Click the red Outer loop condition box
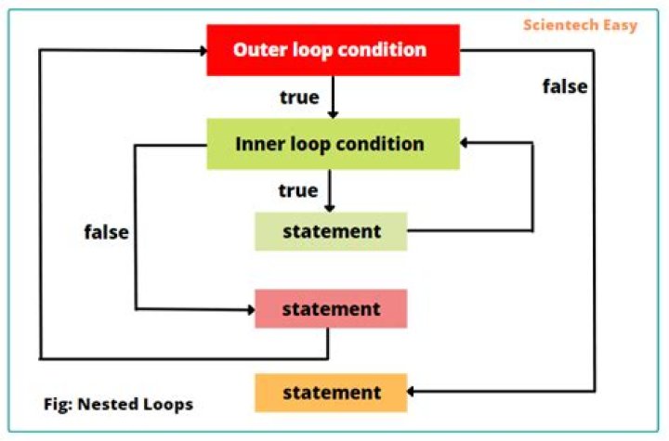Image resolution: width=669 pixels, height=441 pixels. point(332,49)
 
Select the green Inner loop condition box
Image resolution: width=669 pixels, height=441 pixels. point(333,144)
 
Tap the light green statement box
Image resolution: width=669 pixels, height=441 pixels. point(331,230)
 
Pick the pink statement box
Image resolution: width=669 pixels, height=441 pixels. point(331,308)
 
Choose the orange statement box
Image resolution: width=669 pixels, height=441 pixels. point(331,392)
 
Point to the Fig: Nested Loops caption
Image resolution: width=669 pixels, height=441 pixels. point(119,405)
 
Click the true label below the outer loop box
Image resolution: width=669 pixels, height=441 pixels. point(299,97)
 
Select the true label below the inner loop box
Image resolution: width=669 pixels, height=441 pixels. point(298,190)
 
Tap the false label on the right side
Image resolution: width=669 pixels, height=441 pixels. point(565,86)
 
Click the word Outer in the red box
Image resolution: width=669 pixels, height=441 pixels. point(257,49)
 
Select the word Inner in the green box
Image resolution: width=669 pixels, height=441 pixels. point(258,144)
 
